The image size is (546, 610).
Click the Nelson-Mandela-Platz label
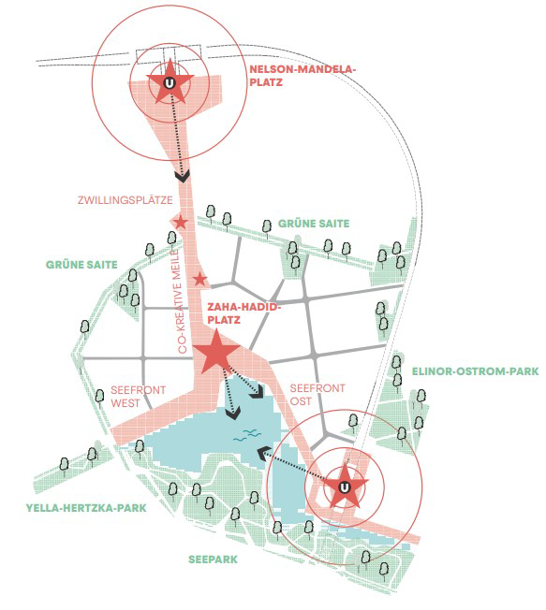[x=303, y=76]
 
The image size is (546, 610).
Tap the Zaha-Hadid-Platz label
[x=243, y=313]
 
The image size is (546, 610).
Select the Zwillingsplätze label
[x=125, y=200]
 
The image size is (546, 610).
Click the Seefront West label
[x=138, y=397]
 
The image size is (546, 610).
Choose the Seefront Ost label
[x=317, y=395]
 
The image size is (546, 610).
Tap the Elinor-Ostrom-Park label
[x=475, y=371]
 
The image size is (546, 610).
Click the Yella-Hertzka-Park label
[x=86, y=508]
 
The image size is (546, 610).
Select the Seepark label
[x=213, y=559]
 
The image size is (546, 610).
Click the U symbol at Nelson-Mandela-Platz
[x=170, y=83]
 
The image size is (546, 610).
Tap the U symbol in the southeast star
[x=345, y=487]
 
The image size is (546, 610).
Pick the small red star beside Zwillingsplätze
[x=181, y=223]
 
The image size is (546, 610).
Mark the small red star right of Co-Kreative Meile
[x=199, y=279]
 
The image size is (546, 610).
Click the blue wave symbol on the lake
[x=246, y=434]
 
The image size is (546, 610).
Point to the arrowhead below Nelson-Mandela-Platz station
[x=183, y=177]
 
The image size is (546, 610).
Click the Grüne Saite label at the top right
[x=314, y=224]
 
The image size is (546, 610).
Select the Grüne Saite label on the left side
[x=81, y=265]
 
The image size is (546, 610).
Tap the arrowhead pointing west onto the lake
[x=264, y=453]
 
